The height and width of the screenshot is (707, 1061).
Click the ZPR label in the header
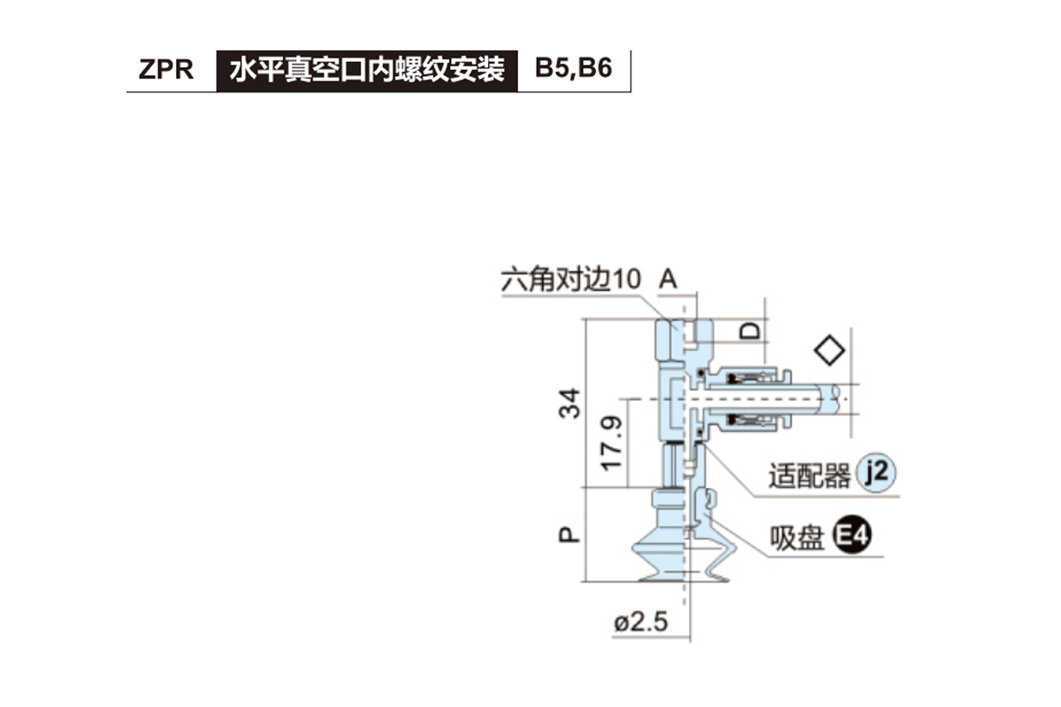[x=165, y=70]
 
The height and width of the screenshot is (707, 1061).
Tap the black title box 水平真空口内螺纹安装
[x=367, y=70]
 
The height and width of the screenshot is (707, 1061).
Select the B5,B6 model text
[x=574, y=70]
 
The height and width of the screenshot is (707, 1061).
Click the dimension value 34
[x=572, y=403]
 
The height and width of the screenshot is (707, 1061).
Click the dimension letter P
[x=572, y=534]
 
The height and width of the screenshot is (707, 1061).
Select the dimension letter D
[x=751, y=331]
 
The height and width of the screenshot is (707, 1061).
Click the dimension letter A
[x=668, y=280]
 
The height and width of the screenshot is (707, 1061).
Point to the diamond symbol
[x=829, y=350]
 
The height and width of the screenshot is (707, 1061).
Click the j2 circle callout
[x=877, y=475]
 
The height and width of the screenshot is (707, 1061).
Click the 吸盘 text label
[x=797, y=537]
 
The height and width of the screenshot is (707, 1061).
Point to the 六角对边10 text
[x=569, y=280]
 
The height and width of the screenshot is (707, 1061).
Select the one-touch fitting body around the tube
[x=748, y=399]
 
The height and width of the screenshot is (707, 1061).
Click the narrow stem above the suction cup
[x=676, y=466]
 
